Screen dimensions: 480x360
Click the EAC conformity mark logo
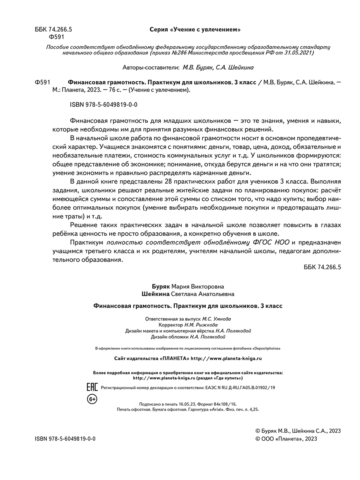[x=92, y=387]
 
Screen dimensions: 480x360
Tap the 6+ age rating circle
[x=92, y=399]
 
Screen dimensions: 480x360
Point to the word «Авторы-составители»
[x=150, y=67]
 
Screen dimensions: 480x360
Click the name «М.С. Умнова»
[x=217, y=319]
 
